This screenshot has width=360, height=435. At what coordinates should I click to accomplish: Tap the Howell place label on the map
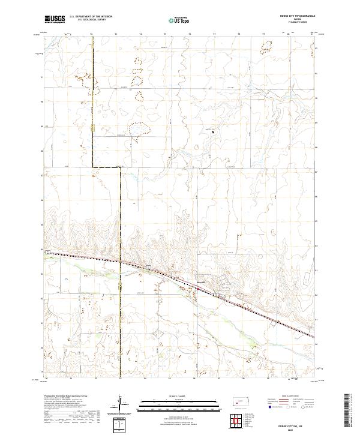coord(200,281)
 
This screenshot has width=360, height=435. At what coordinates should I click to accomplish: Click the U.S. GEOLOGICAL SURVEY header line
coord(87,20)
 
